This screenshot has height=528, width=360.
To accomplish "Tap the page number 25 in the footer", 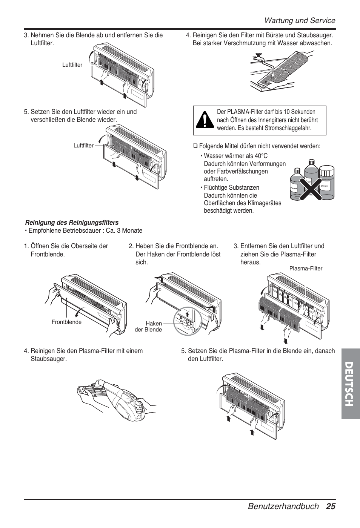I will coord(331,506).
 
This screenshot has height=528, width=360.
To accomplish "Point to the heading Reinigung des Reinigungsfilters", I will coord(72,223).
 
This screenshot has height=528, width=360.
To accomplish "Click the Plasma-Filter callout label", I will coord(306,269).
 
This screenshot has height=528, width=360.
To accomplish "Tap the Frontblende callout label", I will coord(66,322).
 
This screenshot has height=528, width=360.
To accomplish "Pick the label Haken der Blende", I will coord(149,327).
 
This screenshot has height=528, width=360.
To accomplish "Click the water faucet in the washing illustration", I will coord(258,58).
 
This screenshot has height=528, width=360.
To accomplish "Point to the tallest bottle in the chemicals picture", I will coord(310,177).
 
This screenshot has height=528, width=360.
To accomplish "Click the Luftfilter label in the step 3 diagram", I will coord(72,65).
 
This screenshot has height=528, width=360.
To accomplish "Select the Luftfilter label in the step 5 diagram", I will coord(83,146).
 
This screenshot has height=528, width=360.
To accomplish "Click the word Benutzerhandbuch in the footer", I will coord(283,506).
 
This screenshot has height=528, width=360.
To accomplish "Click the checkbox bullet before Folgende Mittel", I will coord(195,146).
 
